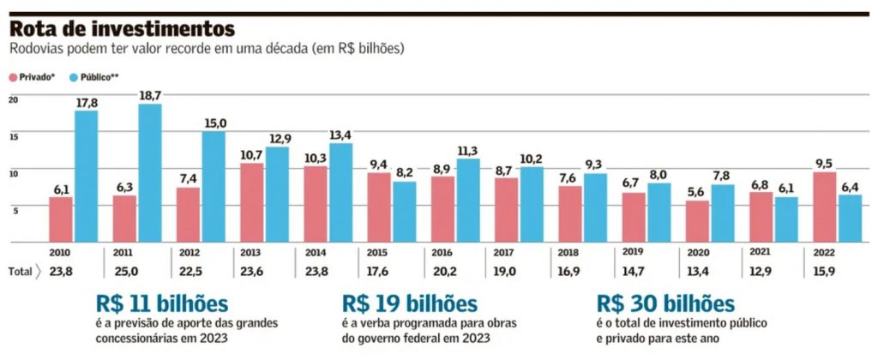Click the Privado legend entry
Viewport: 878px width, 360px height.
pos(33,76)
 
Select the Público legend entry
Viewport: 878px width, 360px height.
pos(94,76)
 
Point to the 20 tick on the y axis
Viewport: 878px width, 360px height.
pos(12,99)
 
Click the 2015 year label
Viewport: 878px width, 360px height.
pos(378,255)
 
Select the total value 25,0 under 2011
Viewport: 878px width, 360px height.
pos(123,273)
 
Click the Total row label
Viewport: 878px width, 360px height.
pos(21,273)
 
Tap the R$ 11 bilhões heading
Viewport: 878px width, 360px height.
pos(162,304)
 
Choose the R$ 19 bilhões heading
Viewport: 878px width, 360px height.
pos(410,304)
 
